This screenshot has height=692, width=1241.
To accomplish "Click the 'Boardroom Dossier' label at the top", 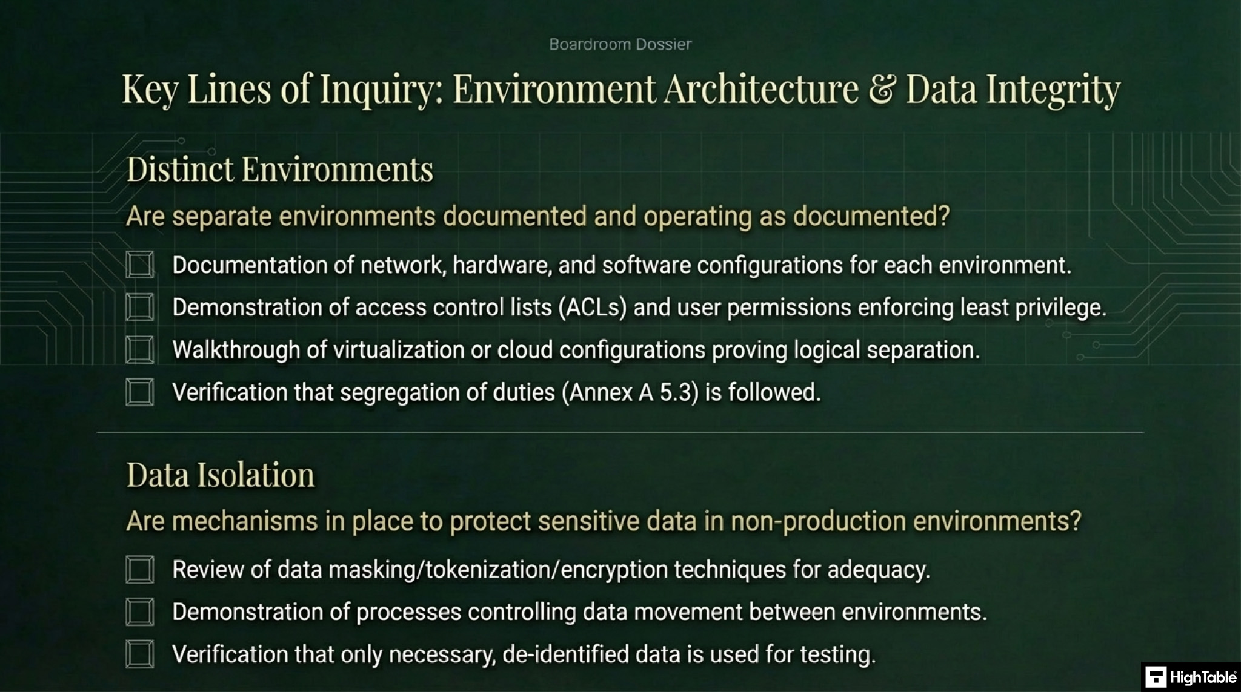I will coord(620,44).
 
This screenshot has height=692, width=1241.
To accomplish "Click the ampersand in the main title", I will coord(882,89).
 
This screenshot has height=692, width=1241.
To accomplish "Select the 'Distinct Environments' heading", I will coord(279,169).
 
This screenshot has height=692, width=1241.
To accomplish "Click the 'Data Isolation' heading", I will coord(221,475).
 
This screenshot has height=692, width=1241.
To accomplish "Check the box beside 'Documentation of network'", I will coord(140,265).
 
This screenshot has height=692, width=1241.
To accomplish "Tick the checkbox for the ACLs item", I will coord(140,308).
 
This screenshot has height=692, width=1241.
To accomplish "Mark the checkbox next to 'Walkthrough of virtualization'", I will coord(140,350).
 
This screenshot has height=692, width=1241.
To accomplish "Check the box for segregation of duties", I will coord(140,392).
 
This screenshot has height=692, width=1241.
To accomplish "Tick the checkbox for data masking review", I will coord(140,570).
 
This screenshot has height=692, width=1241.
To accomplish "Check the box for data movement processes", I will coord(140,612).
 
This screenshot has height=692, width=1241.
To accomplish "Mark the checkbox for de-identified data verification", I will coord(140,654).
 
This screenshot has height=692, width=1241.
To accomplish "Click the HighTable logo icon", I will coord(1156,677).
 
